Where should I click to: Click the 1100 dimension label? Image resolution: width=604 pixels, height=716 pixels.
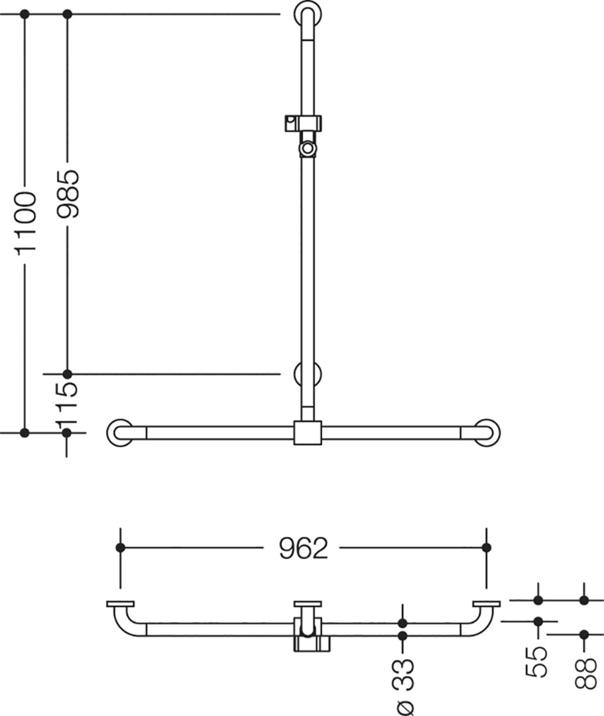(26, 223)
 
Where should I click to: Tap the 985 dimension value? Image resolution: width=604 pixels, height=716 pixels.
(68, 193)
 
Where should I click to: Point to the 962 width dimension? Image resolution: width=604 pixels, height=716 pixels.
(304, 548)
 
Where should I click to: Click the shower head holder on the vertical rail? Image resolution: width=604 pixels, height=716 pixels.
(303, 123)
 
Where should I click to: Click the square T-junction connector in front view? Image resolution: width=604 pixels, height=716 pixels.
(308, 432)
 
